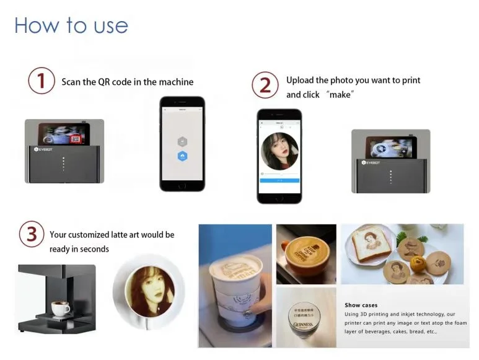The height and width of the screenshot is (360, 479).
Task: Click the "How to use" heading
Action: [71, 25]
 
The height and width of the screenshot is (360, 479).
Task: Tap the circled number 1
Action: [42, 81]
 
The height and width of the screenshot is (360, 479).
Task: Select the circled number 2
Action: [265, 85]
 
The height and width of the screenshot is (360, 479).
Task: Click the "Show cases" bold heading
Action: [361, 305]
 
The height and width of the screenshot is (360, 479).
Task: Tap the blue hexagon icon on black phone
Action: [182, 157]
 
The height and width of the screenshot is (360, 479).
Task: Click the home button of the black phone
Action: [182, 185]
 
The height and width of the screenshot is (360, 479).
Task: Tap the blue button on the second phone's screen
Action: [279, 180]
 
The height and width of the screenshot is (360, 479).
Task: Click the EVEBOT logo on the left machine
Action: [45, 149]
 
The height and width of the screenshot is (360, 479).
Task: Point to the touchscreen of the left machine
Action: [63, 136]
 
